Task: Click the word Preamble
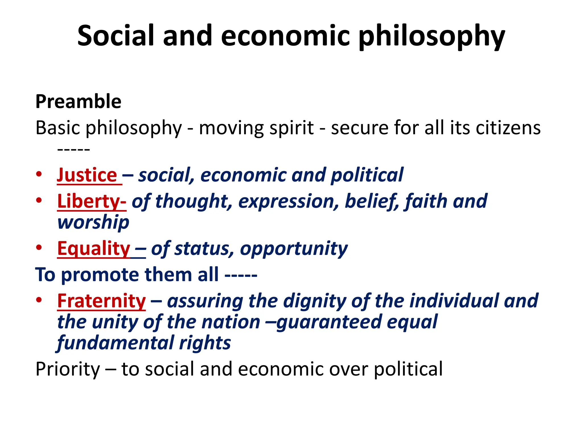78,102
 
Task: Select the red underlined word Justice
87,175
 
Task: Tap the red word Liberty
89,201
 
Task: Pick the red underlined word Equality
94,248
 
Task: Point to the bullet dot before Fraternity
39,300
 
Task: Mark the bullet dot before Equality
39,248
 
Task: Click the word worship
93,222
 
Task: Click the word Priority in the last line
68,369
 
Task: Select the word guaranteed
329,322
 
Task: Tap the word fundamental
115,343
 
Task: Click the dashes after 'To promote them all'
241,275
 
